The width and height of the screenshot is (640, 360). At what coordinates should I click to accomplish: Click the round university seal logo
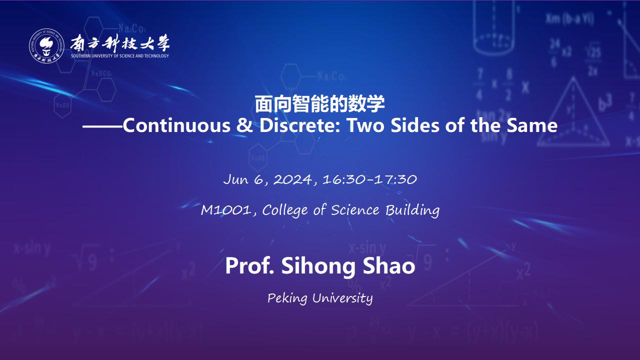[x=46, y=45]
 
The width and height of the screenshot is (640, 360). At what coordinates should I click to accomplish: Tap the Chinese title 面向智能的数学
[x=319, y=104]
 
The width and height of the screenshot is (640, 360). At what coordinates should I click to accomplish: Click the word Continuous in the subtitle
[x=176, y=125]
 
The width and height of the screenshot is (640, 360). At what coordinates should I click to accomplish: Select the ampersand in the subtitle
[x=244, y=125]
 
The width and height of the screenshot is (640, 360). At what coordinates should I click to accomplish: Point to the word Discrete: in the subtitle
[x=300, y=125]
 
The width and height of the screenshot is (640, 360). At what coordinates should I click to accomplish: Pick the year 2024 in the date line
[x=293, y=179]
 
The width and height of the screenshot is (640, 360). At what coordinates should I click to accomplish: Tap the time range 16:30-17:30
[x=369, y=179]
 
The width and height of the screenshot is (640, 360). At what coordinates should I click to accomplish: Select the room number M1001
[x=226, y=210]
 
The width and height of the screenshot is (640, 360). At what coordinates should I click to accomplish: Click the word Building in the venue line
[x=412, y=210]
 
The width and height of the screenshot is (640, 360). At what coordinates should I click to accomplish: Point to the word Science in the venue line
[x=355, y=210]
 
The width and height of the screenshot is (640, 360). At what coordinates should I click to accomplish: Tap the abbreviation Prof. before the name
[x=249, y=265]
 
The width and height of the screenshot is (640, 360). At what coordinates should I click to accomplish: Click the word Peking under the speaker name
[x=287, y=298]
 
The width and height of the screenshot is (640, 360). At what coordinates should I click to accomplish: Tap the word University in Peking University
[x=342, y=298]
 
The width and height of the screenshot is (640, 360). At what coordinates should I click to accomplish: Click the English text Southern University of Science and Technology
[x=120, y=55]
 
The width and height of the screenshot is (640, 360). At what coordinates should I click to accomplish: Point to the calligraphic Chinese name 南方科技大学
[x=120, y=43]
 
